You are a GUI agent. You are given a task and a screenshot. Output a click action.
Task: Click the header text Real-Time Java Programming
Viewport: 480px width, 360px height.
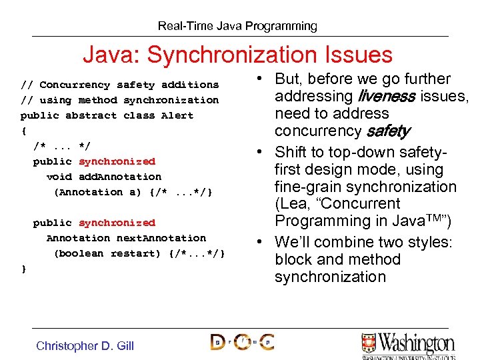click(x=237, y=27)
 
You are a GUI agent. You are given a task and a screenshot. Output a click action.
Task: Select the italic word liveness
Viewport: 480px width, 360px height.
click(x=385, y=96)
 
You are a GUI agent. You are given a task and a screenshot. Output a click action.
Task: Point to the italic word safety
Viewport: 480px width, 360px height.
click(x=387, y=131)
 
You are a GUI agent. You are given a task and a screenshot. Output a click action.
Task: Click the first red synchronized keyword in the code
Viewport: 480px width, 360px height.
click(x=117, y=161)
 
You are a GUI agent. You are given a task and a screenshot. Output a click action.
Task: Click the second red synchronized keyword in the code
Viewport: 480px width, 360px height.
click(x=117, y=223)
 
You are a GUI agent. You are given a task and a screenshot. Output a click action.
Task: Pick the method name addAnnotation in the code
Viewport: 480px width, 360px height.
click(x=120, y=177)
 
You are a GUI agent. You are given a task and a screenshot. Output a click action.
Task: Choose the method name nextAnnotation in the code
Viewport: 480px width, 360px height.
click(x=161, y=238)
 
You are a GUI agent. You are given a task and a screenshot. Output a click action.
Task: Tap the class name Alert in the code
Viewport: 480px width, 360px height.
click(x=177, y=115)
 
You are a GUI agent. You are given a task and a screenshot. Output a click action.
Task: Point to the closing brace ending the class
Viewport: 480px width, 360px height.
click(x=24, y=269)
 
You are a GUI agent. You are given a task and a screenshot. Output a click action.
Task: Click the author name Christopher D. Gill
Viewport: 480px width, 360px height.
click(x=85, y=345)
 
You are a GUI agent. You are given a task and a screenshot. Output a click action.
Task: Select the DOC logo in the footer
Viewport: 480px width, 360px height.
click(x=241, y=343)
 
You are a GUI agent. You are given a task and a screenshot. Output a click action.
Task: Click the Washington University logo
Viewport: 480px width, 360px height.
click(x=407, y=345)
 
